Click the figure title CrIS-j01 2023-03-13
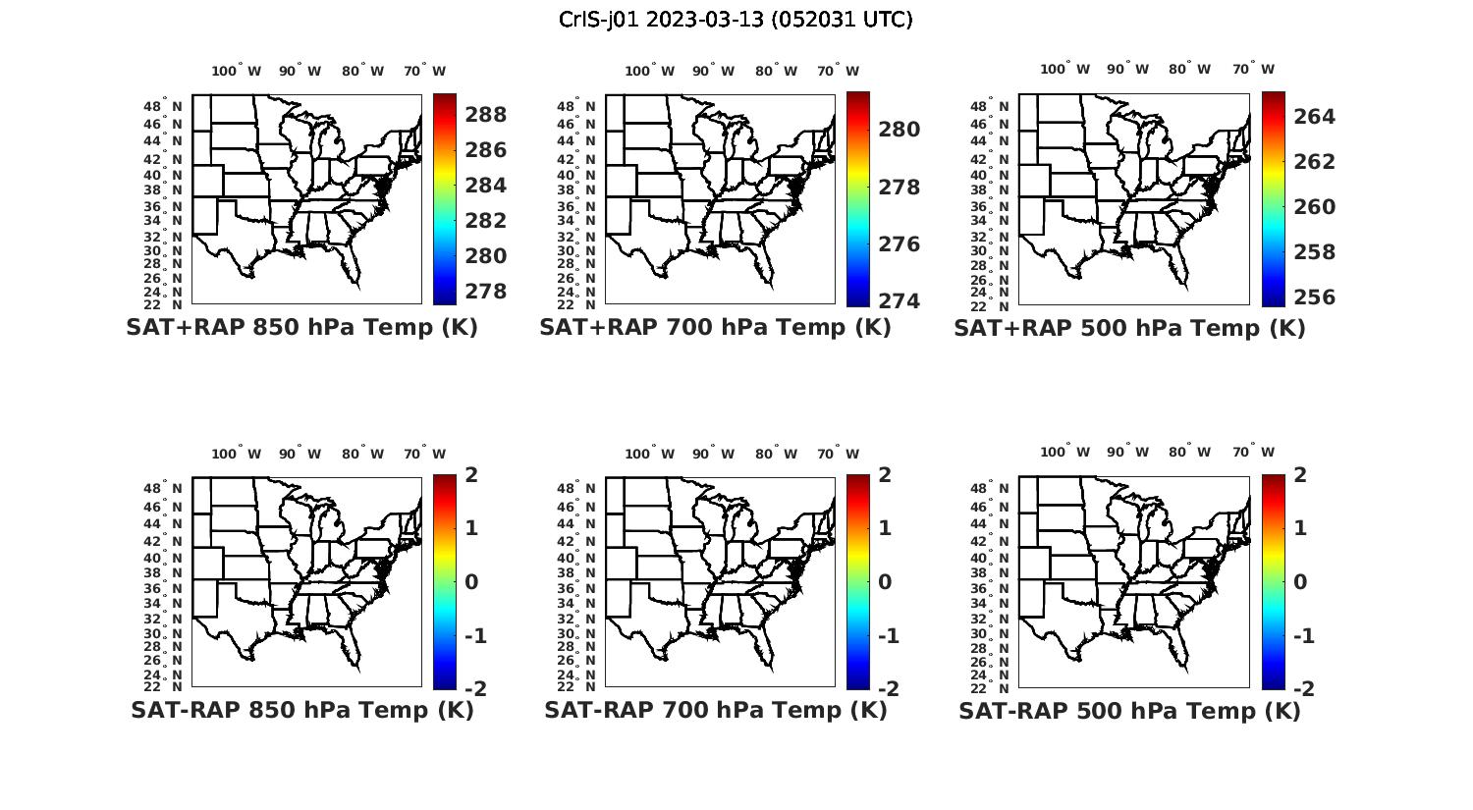pyautogui.click(x=736, y=20)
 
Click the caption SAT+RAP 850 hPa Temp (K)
pyautogui.click(x=301, y=328)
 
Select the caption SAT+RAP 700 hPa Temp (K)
pyautogui.click(x=715, y=328)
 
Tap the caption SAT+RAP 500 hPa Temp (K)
pyautogui.click(x=1129, y=329)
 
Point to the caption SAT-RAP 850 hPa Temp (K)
pyautogui.click(x=301, y=710)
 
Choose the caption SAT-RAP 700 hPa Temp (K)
pyautogui.click(x=715, y=710)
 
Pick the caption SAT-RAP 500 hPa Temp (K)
pyautogui.click(x=1129, y=711)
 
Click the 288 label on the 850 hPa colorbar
pyautogui.click(x=486, y=115)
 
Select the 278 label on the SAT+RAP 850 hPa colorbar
pyautogui.click(x=486, y=292)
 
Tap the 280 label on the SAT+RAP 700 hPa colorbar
pyautogui.click(x=900, y=130)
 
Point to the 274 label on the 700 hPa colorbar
pyautogui.click(x=900, y=301)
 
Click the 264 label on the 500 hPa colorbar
pyautogui.click(x=1315, y=117)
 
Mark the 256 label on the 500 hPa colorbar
pyautogui.click(x=1315, y=297)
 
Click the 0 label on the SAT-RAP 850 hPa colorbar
pyautogui.click(x=471, y=582)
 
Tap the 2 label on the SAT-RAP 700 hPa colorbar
pyautogui.click(x=885, y=475)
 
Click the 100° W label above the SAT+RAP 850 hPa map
pyautogui.click(x=236, y=71)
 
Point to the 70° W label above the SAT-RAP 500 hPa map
pyautogui.click(x=1253, y=453)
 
